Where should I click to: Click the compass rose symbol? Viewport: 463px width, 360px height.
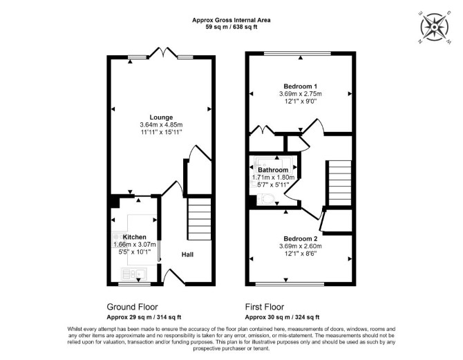(435, 27)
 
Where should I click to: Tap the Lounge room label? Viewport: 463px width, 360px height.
(161, 117)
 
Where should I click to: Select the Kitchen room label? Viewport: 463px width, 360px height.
(134, 237)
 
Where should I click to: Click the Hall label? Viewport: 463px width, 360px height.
(187, 254)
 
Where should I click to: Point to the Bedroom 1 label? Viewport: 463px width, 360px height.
(301, 86)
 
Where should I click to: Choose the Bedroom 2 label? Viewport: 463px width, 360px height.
(301, 238)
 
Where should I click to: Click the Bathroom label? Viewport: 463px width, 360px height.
(273, 170)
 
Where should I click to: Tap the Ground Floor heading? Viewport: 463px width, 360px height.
(132, 307)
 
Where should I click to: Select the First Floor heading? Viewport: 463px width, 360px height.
(265, 307)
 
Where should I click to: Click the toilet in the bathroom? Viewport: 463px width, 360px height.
(266, 199)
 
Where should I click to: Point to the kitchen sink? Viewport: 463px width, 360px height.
(134, 274)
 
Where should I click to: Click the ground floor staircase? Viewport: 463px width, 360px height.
(199, 219)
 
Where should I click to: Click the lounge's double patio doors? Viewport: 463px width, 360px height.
(163, 53)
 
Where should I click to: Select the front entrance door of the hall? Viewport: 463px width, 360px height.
(173, 276)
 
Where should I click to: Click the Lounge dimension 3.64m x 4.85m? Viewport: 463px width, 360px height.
(161, 124)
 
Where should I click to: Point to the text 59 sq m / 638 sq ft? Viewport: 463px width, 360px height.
(231, 27)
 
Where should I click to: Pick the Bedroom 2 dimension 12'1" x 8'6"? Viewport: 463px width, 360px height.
(301, 254)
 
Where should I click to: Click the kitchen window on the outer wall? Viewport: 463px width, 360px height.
(134, 284)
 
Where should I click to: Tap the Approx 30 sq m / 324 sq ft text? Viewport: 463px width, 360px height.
(282, 317)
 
